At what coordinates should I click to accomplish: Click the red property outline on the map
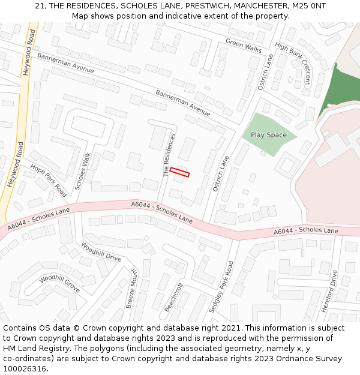pyautogui.click(x=179, y=172)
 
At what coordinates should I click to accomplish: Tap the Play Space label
pyautogui.click(x=268, y=135)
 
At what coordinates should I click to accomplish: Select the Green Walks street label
pyautogui.click(x=244, y=45)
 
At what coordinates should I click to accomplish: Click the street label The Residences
pyautogui.click(x=170, y=155)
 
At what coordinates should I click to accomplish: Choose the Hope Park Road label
pyautogui.click(x=48, y=181)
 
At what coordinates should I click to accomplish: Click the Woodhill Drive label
pyautogui.click(x=101, y=253)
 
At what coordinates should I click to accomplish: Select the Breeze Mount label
pyautogui.click(x=132, y=289)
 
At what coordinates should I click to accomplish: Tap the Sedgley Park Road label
pyautogui.click(x=221, y=287)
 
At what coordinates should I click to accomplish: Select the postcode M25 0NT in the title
pyautogui.click(x=304, y=5)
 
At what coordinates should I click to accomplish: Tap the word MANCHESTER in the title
pyautogui.click(x=247, y=5)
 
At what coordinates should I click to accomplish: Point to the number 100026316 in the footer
pyautogui.click(x=25, y=369)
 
